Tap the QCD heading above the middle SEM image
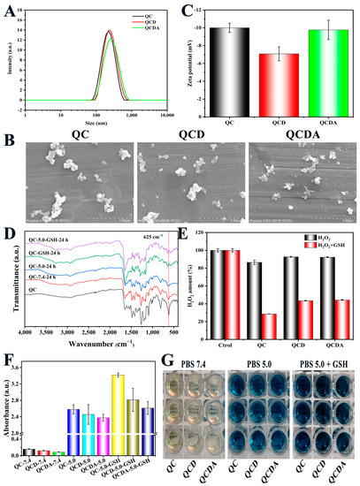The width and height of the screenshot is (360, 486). click(177, 135)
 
